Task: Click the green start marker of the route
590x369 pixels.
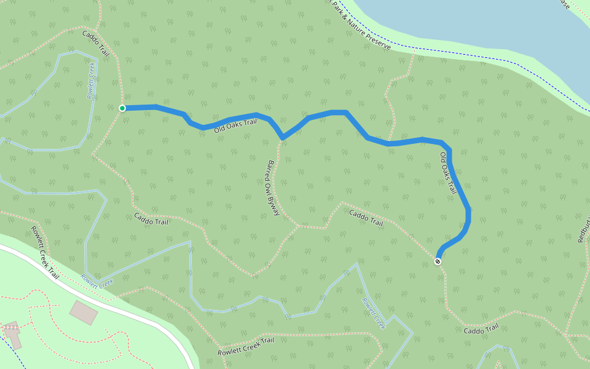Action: click(122, 108)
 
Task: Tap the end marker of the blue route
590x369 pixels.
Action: click(438, 261)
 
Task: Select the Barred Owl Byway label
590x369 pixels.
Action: click(273, 188)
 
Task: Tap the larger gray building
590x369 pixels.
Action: click(84, 312)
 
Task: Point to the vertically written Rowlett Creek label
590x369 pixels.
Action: click(92, 84)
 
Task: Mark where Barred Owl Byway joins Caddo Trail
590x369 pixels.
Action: click(299, 226)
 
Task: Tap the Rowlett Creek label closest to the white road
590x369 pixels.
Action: click(97, 280)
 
